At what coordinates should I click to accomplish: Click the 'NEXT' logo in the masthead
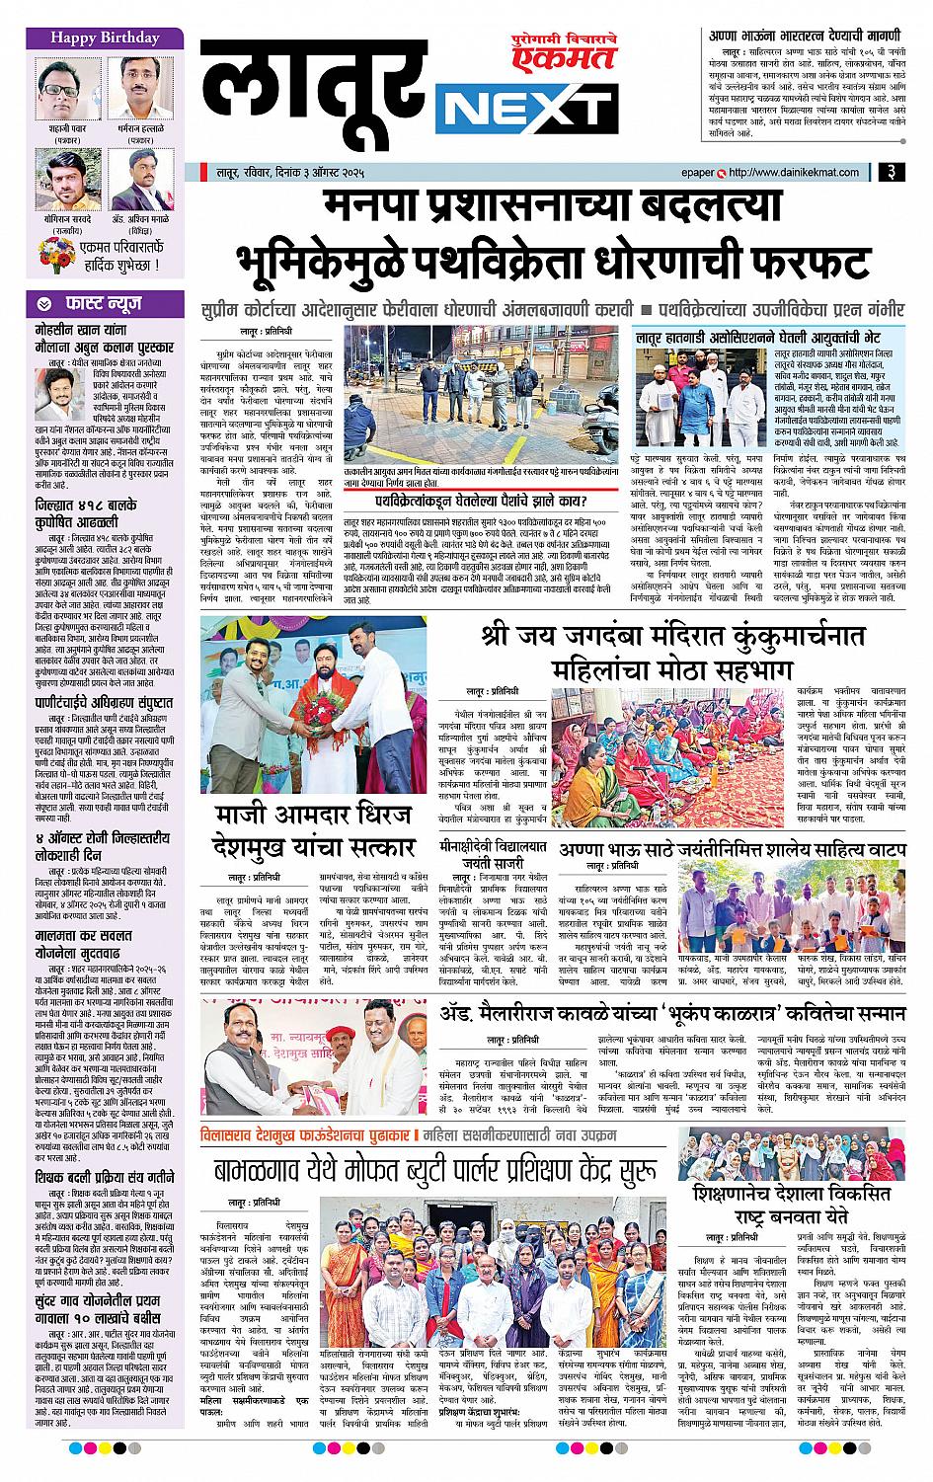click(528, 105)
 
